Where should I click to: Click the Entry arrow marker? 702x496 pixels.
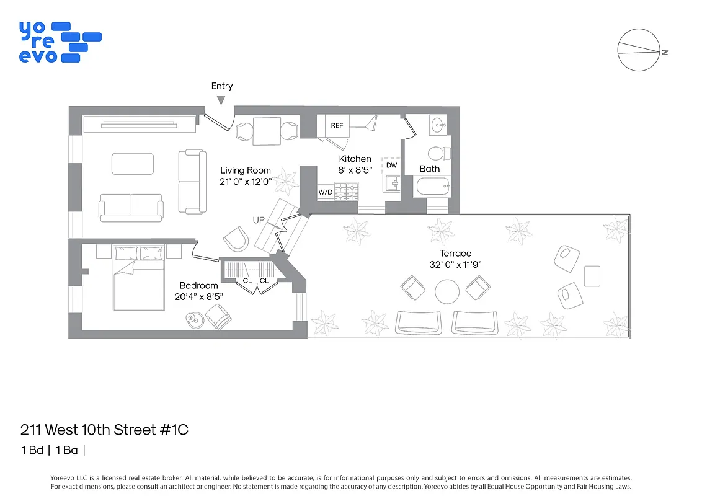[221, 100]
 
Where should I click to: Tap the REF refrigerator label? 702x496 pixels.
[337, 125]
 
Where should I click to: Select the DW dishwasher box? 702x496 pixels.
[391, 166]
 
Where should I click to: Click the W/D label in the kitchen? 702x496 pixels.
[325, 192]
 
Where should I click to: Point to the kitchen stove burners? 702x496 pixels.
[346, 191]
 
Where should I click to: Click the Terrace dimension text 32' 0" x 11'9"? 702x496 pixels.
[455, 264]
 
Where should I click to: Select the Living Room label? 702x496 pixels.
[246, 170]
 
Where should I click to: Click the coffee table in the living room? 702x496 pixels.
[133, 164]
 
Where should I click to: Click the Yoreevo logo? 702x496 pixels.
[60, 42]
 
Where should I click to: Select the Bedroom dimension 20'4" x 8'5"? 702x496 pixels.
[198, 296]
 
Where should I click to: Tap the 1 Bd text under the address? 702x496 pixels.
[32, 450]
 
